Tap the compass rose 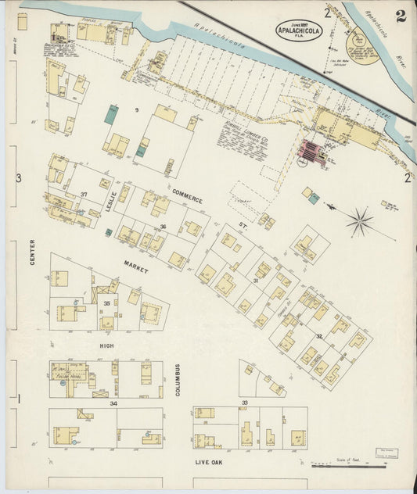tap(360, 221)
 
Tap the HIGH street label tap(107, 344)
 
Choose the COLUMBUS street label tap(178, 379)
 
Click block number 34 tap(113, 403)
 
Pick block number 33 tap(245, 403)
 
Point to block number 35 tap(106, 302)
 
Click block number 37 tap(84, 194)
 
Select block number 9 tap(135, 111)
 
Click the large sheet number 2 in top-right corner tap(400, 16)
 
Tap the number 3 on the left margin tap(18, 178)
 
